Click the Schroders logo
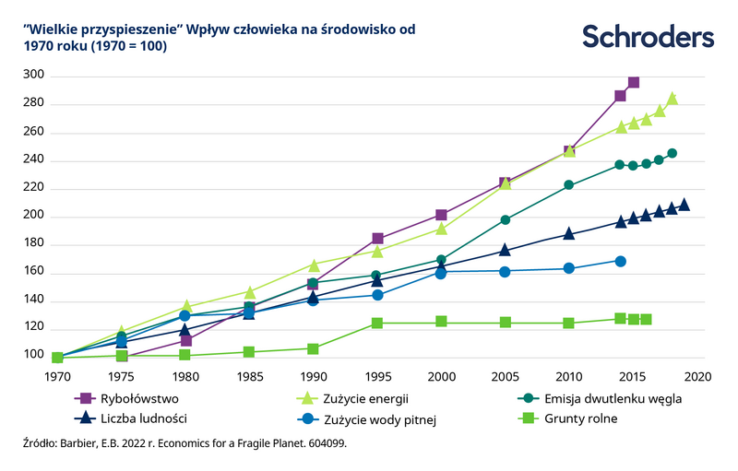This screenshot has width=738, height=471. coord(648,37)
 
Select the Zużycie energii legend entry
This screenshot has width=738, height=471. coord(366,399)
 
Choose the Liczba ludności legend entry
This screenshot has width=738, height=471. coord(148,418)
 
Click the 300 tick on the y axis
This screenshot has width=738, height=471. coord(33,76)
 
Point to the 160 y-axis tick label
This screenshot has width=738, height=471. coord(33,273)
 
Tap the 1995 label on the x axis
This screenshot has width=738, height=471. coord(376,375)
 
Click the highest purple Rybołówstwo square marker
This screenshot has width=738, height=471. coord(634,83)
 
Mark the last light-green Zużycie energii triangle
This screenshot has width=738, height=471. coord(673,99)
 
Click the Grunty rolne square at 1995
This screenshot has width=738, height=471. coord(376,324)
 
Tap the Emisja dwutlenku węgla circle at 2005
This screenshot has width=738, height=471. coord(505,220)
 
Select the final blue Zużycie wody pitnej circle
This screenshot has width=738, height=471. coord(621,262)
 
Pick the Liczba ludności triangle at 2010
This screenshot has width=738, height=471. coord(569,234)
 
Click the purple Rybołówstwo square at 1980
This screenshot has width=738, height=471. coord(185,341)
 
